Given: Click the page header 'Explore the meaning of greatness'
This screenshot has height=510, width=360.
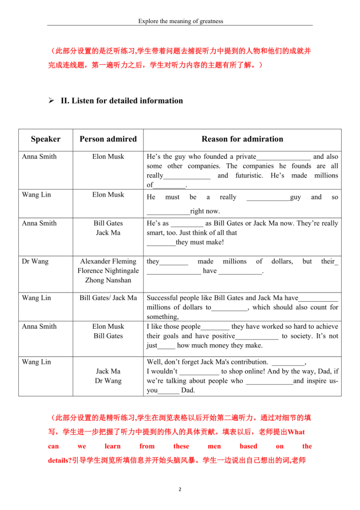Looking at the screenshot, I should pyautogui.click(x=180, y=21).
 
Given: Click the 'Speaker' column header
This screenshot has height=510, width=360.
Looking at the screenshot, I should pyautogui.click(x=45, y=139).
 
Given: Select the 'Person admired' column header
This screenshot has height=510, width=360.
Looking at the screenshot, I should pyautogui.click(x=108, y=139).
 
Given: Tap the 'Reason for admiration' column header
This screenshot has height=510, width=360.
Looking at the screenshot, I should pyautogui.click(x=242, y=139).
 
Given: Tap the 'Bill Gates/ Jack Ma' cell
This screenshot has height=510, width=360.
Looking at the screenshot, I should pyautogui.click(x=108, y=298).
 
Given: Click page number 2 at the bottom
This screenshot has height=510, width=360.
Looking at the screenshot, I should pyautogui.click(x=180, y=489).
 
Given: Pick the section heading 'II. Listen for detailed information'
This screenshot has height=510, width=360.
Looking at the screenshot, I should pyautogui.click(x=122, y=101).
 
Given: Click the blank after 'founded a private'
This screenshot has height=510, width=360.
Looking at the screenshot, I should pyautogui.click(x=283, y=157).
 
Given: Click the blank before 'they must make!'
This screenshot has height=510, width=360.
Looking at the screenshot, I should pyautogui.click(x=161, y=243).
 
